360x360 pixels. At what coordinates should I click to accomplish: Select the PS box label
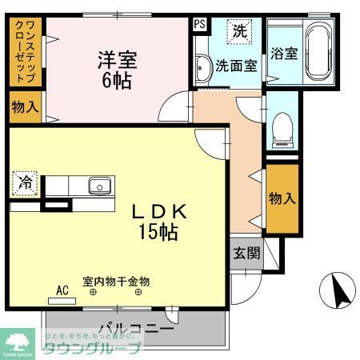click(199, 24)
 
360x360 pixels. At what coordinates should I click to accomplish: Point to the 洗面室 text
click(237, 66)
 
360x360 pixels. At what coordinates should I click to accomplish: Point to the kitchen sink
click(98, 186)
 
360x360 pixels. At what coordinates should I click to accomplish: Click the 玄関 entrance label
click(246, 254)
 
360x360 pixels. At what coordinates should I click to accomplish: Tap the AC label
click(62, 292)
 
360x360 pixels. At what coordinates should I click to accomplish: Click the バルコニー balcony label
click(136, 329)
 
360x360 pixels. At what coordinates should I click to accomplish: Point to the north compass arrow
click(338, 290)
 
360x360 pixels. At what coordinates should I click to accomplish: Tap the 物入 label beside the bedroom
click(23, 106)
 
